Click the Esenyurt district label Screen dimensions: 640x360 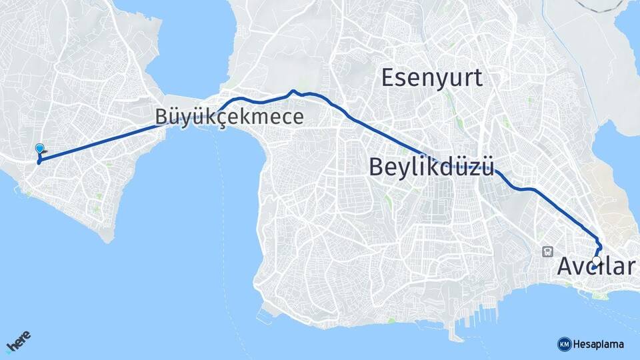click(431, 78)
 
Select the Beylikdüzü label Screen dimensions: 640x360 click(431, 166)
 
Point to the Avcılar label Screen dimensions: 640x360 click(595, 267)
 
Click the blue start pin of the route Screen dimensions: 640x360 click(39, 150)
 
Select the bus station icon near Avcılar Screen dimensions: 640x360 click(548, 251)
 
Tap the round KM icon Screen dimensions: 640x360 click(564, 343)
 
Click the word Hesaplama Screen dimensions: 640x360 click(599, 344)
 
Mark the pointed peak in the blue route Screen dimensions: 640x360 click(292, 91)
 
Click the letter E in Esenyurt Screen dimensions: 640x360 click(387, 78)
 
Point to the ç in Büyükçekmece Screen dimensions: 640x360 click(219, 118)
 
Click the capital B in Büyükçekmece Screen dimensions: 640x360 click(161, 117)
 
